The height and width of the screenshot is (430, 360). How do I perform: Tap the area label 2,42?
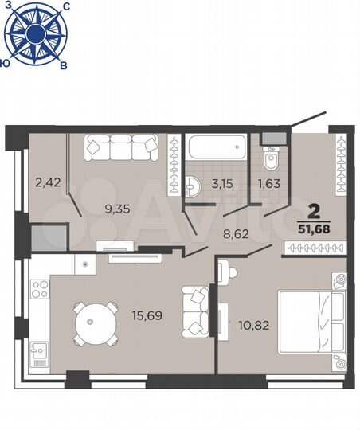47,182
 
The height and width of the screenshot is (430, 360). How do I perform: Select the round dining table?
90,322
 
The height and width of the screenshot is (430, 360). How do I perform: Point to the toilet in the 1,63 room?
271,158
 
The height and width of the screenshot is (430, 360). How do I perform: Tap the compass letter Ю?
6,61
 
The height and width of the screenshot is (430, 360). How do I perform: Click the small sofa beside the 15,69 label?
193,311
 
